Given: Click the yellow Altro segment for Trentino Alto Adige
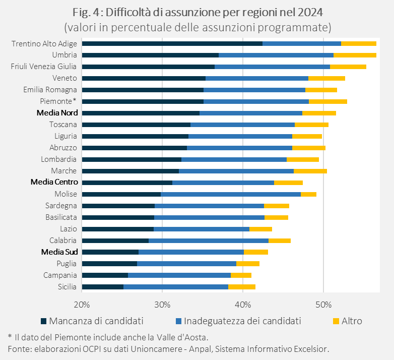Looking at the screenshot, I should click(358, 44).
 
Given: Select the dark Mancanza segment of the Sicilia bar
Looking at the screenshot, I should click(102, 287).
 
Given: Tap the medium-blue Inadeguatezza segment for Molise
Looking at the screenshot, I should click(231, 194).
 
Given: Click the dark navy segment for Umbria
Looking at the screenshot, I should click(150, 55).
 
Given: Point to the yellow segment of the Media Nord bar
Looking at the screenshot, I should click(319, 113).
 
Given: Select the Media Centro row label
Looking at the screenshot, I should click(54, 183).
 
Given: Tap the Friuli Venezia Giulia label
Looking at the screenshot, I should click(44, 67).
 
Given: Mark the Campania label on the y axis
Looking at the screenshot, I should click(60, 275).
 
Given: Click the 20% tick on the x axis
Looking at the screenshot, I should click(82, 305).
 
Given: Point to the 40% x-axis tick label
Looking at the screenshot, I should click(243, 305).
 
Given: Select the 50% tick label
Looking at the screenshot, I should click(323, 305).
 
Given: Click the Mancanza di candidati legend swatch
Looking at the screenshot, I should click(43, 321).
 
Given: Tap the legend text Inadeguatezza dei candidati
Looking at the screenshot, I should click(242, 321).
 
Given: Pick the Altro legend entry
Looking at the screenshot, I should click(351, 321).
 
